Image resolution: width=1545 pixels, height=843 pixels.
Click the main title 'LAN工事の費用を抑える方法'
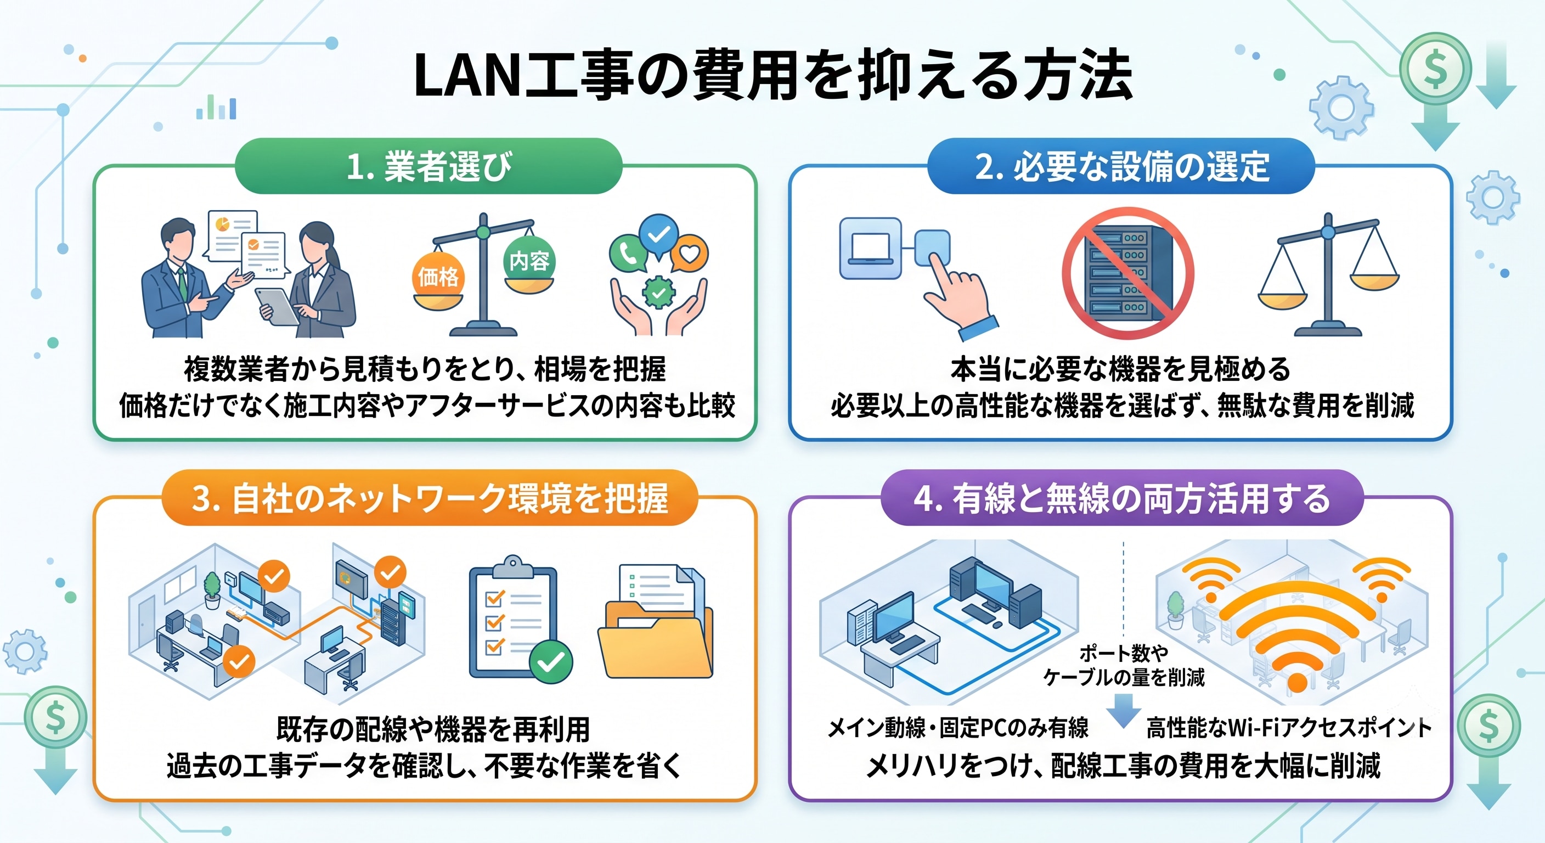[x=773, y=75]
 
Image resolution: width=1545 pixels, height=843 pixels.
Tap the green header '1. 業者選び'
[x=429, y=166]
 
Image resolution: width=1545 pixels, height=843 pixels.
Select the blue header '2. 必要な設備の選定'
[x=1121, y=166]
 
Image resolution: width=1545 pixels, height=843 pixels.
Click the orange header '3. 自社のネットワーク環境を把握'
[x=430, y=498]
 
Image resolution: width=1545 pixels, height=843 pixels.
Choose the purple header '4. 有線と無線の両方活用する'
[x=1121, y=498]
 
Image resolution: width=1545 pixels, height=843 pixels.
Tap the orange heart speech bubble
[x=690, y=254]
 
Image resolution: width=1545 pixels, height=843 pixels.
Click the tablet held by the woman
[x=277, y=306]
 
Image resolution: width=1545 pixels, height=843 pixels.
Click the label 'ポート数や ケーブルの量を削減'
[x=1124, y=665]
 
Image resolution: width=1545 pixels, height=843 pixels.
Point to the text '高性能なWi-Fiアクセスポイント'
[x=1289, y=728]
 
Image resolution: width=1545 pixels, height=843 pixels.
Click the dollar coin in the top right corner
[x=1436, y=69]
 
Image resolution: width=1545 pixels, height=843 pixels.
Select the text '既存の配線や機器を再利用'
[x=433, y=729]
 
